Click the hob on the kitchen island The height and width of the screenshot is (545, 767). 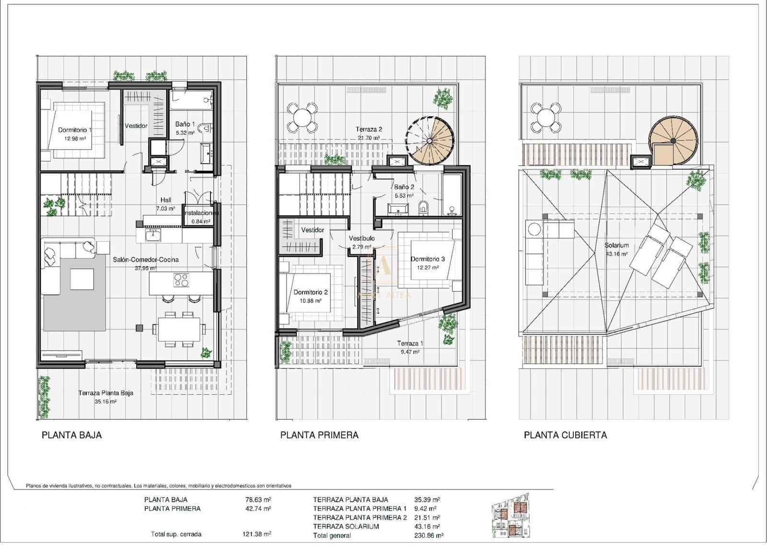click(181, 280)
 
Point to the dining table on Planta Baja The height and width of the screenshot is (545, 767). click(176, 329)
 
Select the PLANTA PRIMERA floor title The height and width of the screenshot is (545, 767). click(319, 435)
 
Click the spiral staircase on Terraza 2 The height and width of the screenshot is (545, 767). click(430, 141)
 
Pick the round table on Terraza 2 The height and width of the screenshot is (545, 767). click(302, 118)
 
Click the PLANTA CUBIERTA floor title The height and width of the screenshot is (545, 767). click(565, 435)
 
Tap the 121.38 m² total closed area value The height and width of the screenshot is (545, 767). click(256, 534)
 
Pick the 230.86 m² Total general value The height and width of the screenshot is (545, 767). click(429, 535)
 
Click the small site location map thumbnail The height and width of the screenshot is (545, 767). click(511, 516)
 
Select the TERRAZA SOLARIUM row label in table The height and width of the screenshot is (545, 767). click(346, 526)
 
